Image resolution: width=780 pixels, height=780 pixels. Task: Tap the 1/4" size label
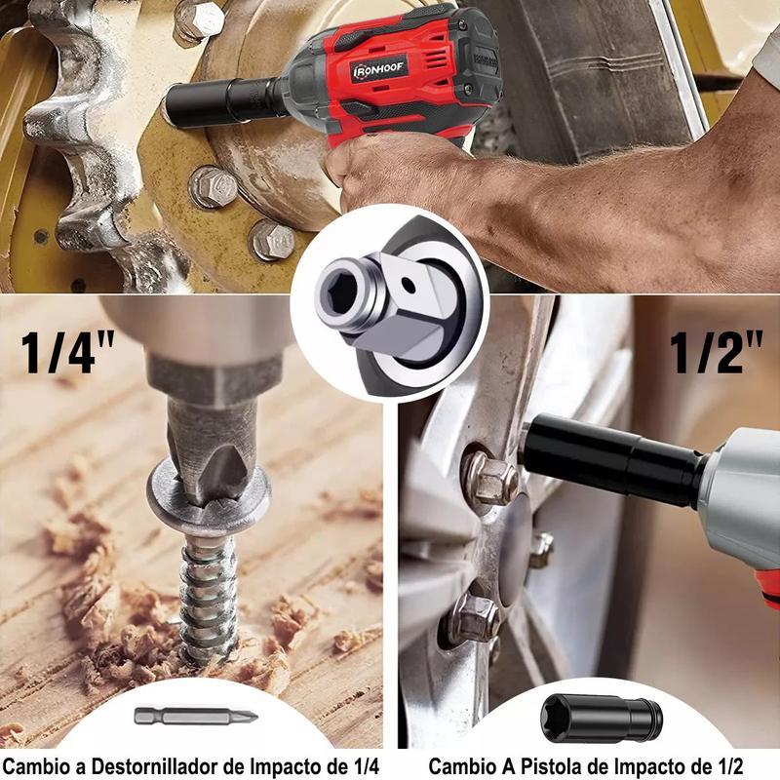pyautogui.click(x=68, y=352)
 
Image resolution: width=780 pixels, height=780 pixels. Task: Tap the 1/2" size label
pyautogui.click(x=716, y=352)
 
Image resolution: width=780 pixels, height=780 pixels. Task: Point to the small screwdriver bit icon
pyautogui.click(x=196, y=717)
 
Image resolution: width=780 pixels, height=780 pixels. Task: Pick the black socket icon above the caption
pyautogui.click(x=602, y=719)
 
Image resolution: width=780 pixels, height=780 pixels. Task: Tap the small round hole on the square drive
pyautogui.click(x=408, y=285)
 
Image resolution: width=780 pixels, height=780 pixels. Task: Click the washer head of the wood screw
pyautogui.click(x=209, y=497)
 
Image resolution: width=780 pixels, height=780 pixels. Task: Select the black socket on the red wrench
pyautogui.click(x=224, y=102)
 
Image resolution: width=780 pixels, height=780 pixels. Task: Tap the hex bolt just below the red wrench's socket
pyautogui.click(x=213, y=186)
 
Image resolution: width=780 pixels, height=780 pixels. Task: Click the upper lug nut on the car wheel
pyautogui.click(x=489, y=479)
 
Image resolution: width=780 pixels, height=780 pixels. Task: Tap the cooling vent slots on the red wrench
pyautogui.click(x=438, y=62)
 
